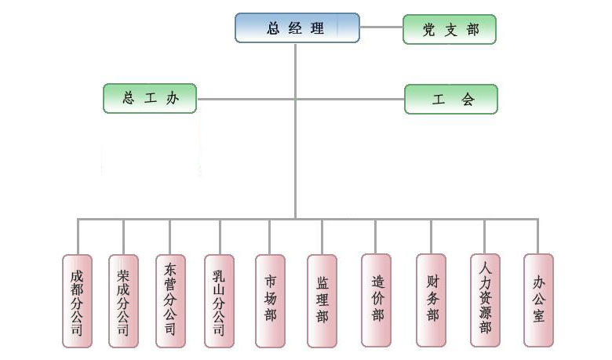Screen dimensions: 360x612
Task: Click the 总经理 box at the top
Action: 297,28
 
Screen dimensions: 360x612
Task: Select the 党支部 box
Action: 450,29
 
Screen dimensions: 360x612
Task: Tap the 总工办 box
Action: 150,99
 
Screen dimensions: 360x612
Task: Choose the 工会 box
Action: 451,99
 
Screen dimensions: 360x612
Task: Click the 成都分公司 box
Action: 77,300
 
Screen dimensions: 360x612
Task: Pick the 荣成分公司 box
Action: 123,300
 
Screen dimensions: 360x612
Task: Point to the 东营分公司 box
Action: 170,300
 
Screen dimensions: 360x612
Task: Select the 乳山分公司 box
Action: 220,300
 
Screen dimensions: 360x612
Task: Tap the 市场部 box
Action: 270,300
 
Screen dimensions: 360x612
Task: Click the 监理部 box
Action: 322,300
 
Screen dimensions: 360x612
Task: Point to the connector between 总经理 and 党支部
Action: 381,27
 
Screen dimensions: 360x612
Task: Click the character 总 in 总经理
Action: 274,28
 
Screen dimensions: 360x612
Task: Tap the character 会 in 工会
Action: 468,100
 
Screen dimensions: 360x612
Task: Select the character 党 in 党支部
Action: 428,29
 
